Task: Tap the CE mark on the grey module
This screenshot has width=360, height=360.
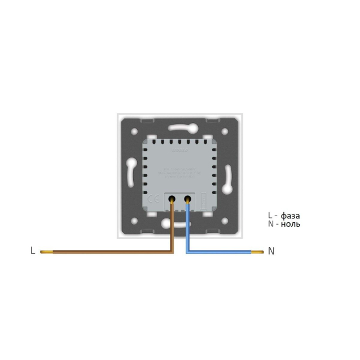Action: pyautogui.click(x=152, y=199)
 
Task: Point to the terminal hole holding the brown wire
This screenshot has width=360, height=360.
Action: pyautogui.click(x=171, y=199)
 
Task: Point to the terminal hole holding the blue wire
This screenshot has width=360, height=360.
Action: pyautogui.click(x=187, y=199)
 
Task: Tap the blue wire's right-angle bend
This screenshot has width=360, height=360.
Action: pyautogui.click(x=188, y=251)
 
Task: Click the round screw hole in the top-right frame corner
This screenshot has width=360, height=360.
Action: pyautogui.click(x=225, y=130)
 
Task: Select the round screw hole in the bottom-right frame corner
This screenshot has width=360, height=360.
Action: pyautogui.click(x=225, y=219)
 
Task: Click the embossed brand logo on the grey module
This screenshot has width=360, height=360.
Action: pyautogui.click(x=180, y=151)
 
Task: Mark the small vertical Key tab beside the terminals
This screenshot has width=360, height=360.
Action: pyautogui.click(x=202, y=199)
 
